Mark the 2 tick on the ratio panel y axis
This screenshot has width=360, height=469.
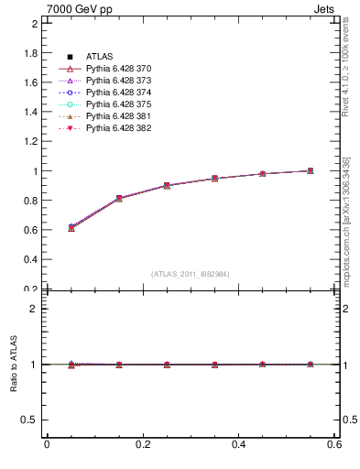37,309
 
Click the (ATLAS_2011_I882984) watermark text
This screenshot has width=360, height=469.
191,274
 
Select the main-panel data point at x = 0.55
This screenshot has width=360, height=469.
311,170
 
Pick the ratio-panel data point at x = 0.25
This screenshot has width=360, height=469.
167,365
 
